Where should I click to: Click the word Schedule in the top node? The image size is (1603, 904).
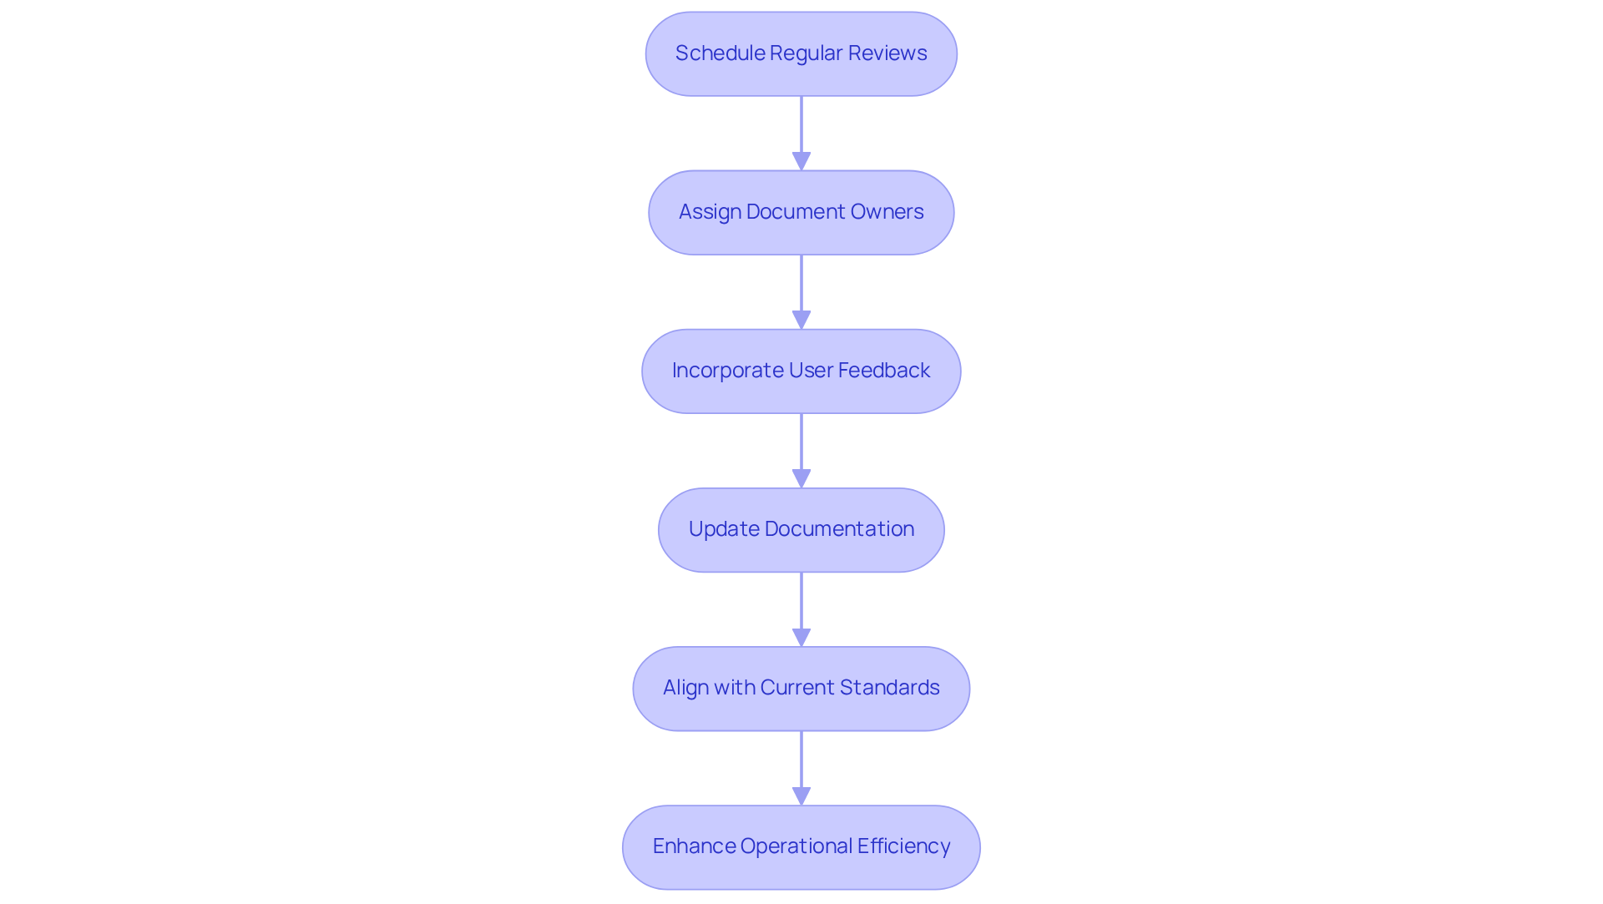[x=720, y=53]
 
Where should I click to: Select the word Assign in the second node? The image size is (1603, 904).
[x=710, y=212]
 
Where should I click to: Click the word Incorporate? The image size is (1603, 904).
[x=727, y=371]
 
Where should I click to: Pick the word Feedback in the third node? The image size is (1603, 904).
[x=883, y=371]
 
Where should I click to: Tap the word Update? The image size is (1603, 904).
[x=723, y=529]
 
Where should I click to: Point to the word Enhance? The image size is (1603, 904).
[x=693, y=846]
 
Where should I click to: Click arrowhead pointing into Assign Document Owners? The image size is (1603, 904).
[x=801, y=160]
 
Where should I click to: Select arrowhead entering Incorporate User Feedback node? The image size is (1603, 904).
[x=801, y=319]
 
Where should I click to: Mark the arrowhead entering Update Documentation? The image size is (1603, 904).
[x=801, y=477]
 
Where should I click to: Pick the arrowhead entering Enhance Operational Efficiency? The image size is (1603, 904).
[x=801, y=795]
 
